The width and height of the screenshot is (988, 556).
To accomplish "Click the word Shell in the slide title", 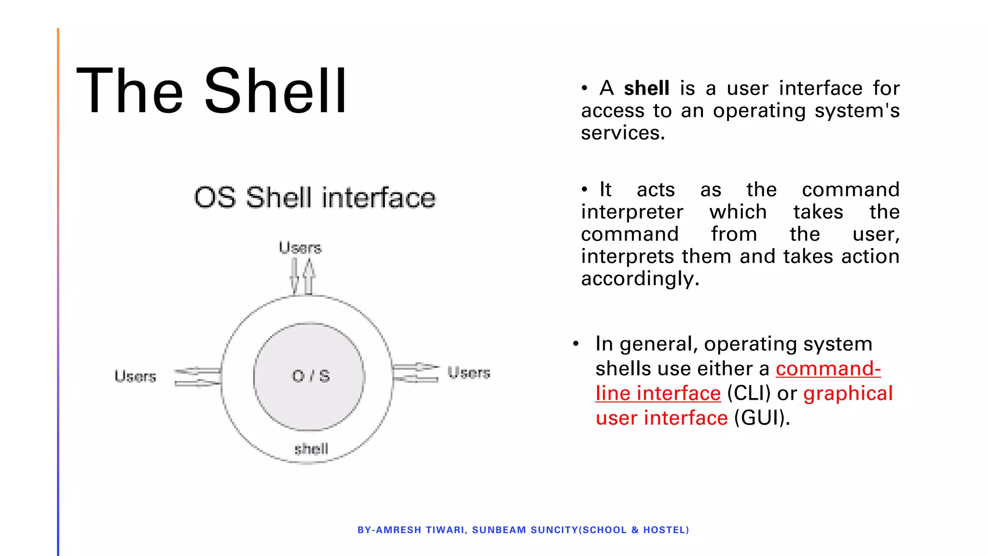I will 275,91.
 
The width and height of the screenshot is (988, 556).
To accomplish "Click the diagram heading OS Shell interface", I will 315,198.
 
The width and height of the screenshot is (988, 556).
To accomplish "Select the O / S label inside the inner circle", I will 311,376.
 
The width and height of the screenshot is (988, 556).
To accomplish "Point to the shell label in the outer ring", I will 311,449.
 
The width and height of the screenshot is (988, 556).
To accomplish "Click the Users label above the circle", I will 300,248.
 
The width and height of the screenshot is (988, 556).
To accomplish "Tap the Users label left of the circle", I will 136,376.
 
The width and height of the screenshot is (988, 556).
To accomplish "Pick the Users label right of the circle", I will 468,372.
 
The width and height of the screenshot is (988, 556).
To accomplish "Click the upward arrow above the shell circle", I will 309,277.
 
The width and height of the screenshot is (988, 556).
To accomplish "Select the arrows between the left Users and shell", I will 197,377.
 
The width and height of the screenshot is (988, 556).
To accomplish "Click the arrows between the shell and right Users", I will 415,373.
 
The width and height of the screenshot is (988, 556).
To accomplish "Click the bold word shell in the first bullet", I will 646,88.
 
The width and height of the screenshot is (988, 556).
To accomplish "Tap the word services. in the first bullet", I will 623,133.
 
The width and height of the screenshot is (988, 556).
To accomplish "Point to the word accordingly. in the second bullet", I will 640,278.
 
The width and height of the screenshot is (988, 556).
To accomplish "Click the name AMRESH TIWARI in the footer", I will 420,530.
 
